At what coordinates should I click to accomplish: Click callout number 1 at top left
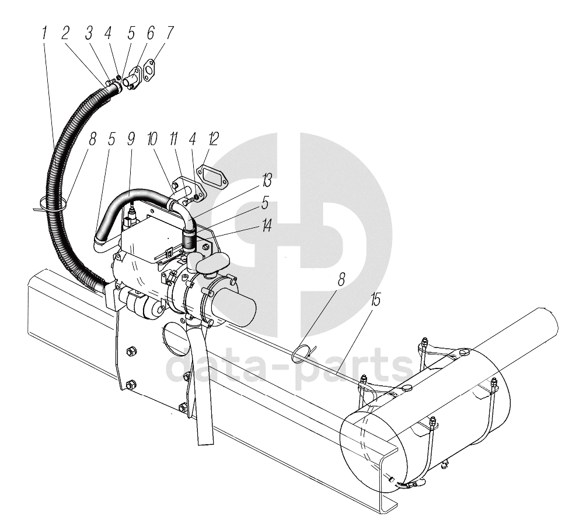[45, 33]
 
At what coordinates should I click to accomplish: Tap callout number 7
[169, 33]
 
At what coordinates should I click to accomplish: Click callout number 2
[65, 33]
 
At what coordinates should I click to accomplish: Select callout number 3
[89, 33]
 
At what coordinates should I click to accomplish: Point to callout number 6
[151, 33]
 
